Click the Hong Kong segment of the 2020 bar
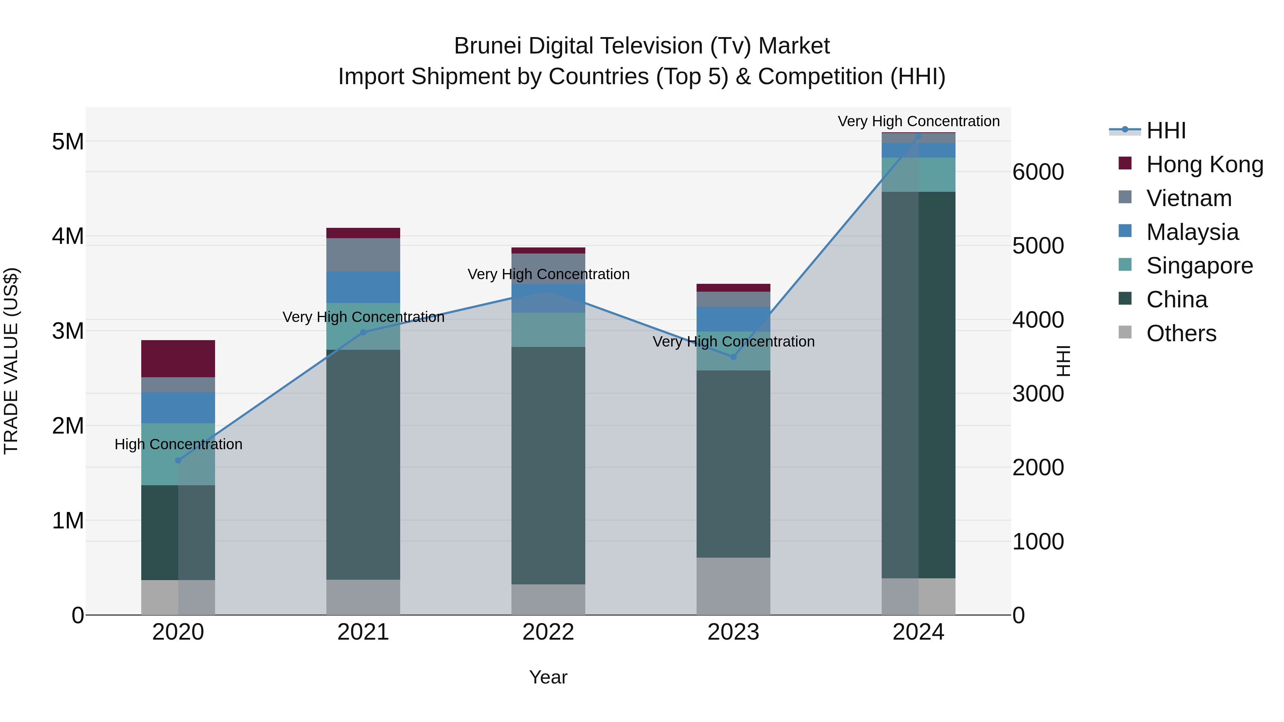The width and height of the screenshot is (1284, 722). (x=178, y=358)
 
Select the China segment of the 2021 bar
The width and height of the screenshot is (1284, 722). (x=363, y=464)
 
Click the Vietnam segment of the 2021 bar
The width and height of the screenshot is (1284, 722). (x=363, y=255)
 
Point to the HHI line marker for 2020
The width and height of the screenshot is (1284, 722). (x=178, y=460)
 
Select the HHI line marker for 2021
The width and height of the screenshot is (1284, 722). (x=363, y=332)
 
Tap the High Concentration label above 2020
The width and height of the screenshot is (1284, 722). (x=178, y=444)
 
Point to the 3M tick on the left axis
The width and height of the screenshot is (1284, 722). (x=68, y=331)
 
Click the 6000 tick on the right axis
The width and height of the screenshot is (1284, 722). (x=1038, y=172)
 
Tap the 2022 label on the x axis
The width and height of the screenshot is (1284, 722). (x=548, y=632)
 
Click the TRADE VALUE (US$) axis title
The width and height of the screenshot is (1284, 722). (x=11, y=361)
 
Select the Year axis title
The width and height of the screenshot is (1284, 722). (x=548, y=677)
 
